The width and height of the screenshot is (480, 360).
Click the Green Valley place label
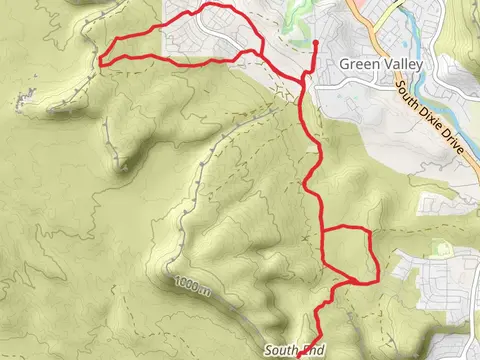pos(381,64)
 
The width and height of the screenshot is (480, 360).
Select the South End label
pos(296,350)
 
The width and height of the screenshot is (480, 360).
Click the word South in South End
pos(282,350)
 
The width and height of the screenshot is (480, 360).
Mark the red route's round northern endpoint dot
pos(315,43)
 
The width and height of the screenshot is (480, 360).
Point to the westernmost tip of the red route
pos(100,63)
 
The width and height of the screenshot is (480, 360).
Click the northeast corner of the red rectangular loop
pos(370,231)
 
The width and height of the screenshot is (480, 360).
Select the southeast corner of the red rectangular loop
pos(377,281)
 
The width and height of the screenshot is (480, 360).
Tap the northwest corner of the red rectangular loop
pos(323,231)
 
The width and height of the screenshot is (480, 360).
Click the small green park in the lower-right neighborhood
pos(437,247)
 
